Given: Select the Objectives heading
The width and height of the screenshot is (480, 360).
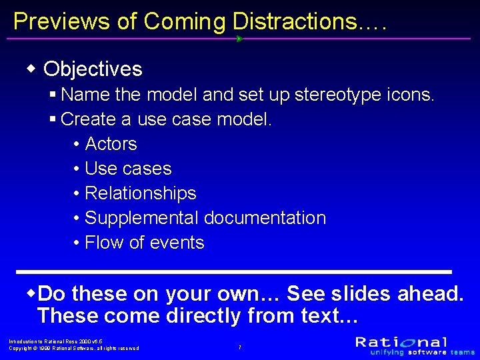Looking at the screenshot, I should [93, 69].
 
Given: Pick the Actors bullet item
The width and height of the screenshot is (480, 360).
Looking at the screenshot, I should [111, 144].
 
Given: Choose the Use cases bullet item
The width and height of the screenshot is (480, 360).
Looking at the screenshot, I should [128, 169].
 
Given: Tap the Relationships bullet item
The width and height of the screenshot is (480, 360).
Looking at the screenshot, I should [140, 193].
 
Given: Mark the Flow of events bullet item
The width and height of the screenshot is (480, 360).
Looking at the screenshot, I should [144, 243].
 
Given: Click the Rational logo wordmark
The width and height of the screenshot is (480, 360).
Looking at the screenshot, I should [401, 342].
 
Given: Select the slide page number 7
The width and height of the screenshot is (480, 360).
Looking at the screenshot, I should [239, 347].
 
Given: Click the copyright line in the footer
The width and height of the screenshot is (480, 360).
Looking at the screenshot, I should [74, 348].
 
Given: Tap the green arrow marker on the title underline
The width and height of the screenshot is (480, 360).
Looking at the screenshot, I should [239, 39].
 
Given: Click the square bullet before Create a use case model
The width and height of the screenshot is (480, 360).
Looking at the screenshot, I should [53, 120].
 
